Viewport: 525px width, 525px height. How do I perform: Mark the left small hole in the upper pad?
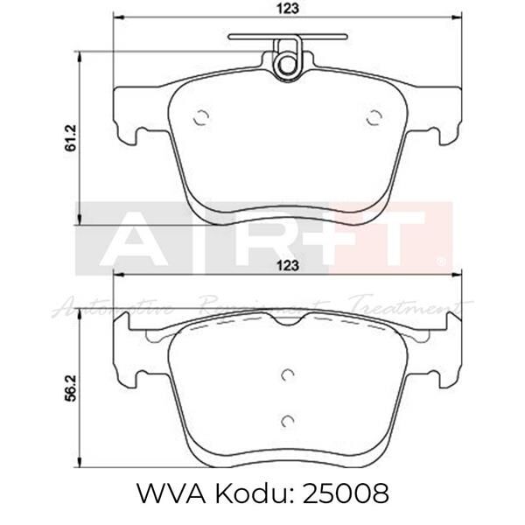pyautogui.click(x=199, y=119)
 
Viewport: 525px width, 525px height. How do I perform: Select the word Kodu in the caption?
pyautogui.click(x=247, y=495)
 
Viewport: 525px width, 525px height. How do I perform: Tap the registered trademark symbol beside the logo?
pyautogui.click(x=440, y=261)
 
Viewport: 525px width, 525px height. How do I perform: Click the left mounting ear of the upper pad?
pyautogui.click(x=129, y=114)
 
